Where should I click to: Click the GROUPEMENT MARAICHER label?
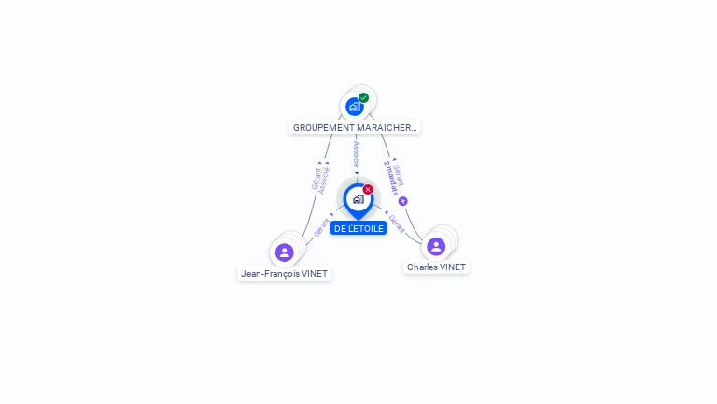(355, 127)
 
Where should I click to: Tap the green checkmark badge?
(363, 98)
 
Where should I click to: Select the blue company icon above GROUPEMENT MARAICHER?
(354, 107)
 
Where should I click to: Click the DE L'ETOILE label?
(358, 228)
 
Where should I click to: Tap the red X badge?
(368, 190)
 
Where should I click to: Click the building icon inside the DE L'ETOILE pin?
(358, 199)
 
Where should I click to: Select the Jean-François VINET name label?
(285, 274)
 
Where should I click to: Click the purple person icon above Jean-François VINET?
(285, 252)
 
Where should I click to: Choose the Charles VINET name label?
(436, 267)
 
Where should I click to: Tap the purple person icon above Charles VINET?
(436, 247)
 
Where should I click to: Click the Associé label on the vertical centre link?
(356, 155)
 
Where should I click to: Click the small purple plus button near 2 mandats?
(403, 201)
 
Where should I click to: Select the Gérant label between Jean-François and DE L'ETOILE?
(320, 227)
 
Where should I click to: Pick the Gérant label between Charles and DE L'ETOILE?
(397, 224)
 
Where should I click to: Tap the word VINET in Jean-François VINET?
(314, 274)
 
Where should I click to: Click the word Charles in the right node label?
(422, 267)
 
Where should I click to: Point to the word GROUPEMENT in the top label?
(324, 127)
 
